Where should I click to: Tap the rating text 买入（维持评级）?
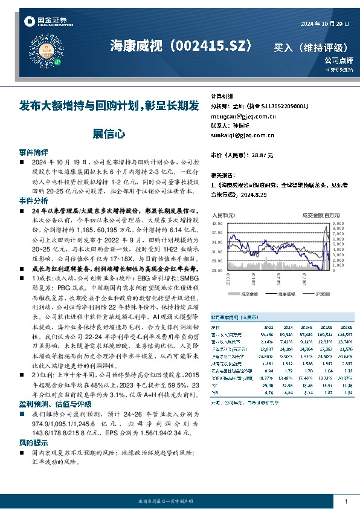tap(310, 47)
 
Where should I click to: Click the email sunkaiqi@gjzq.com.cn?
tap(242, 135)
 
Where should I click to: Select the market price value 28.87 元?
tap(260, 155)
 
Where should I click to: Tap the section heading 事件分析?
tap(33, 200)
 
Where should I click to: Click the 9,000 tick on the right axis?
tap(338, 222)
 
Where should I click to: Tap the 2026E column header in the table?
tap(345, 325)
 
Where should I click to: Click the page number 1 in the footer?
tap(346, 502)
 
